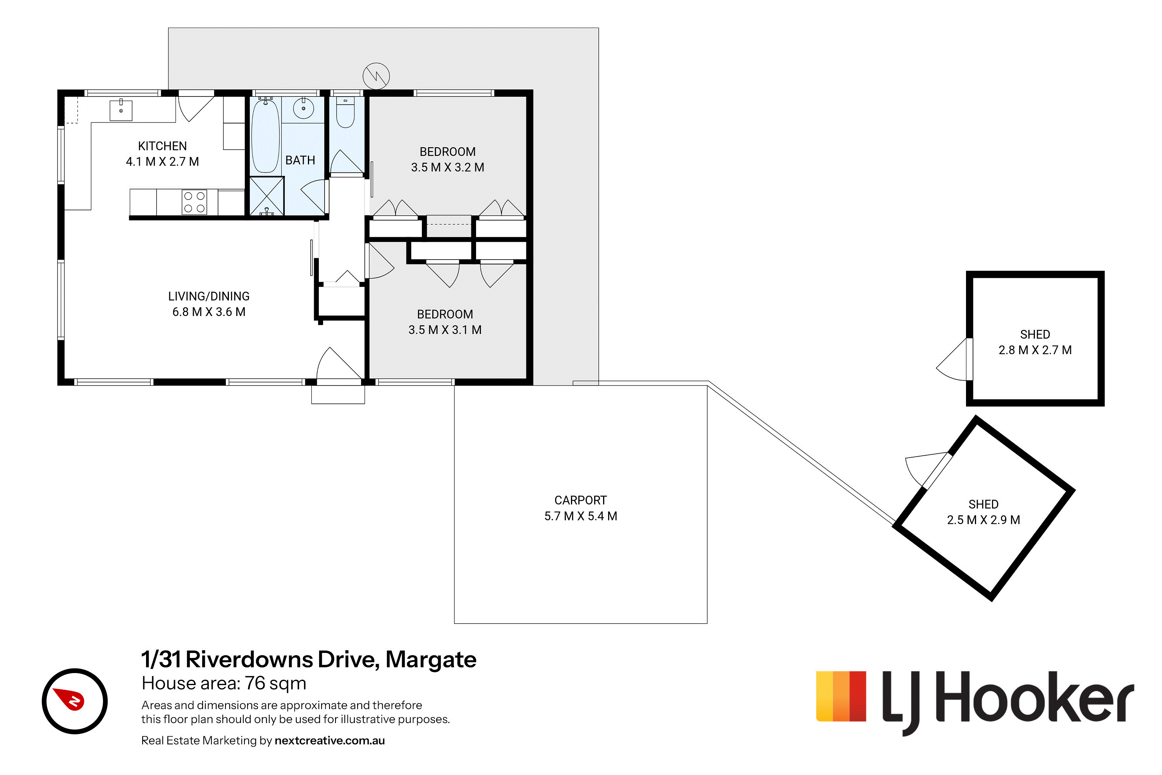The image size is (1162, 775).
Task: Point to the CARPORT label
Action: coord(581,500)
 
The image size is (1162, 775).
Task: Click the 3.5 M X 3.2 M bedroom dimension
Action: coord(448,167)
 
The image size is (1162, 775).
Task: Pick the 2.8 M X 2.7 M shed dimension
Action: coord(1035,350)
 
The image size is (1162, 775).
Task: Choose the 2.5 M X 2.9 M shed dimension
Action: coord(983,520)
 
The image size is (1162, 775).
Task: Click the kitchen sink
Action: coord(120,110)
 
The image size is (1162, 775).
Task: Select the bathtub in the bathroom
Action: coord(265,135)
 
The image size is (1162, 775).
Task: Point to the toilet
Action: coord(346,112)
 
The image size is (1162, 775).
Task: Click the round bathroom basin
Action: coord(303,108)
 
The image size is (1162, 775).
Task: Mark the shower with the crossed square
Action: coord(267,196)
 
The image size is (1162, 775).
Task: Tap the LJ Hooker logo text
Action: coord(1008,702)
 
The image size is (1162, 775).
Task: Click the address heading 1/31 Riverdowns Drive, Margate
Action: coord(309,660)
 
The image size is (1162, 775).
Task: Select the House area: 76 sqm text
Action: coord(224,683)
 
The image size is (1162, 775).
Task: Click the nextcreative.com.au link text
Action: coord(330,741)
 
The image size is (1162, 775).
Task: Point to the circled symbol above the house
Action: coord(376,76)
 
